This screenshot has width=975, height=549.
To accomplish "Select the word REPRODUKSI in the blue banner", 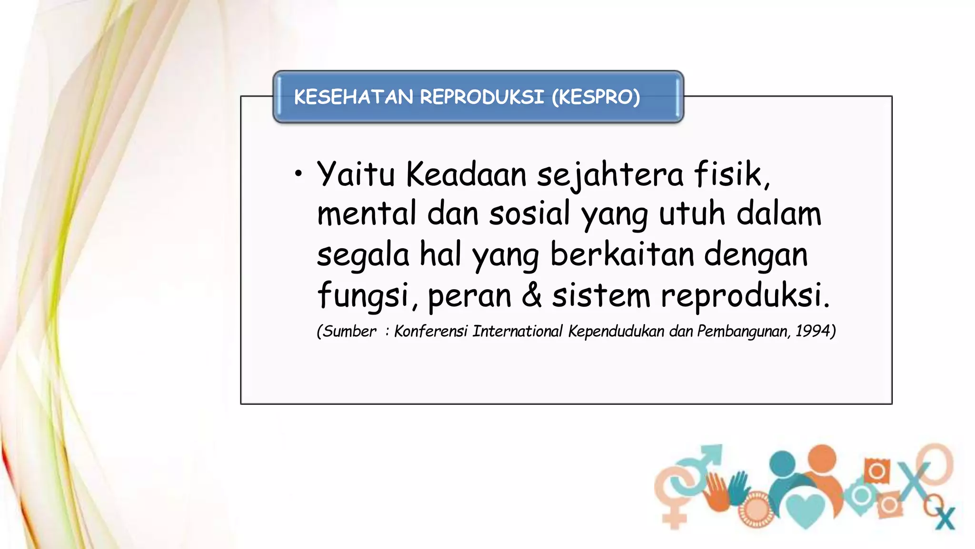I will [x=481, y=97].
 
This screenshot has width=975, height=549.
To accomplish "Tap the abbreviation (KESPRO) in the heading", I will [x=596, y=97].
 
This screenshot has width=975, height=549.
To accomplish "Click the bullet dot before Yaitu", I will [x=298, y=174].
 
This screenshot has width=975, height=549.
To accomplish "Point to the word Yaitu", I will [x=356, y=174].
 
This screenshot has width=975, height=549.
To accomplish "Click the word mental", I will [x=367, y=213].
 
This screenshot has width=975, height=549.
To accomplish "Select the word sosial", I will [x=529, y=213].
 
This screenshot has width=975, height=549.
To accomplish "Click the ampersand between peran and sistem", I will [x=531, y=295].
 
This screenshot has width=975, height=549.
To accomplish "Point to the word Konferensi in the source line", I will [x=430, y=331].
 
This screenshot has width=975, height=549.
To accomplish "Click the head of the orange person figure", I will [x=822, y=458].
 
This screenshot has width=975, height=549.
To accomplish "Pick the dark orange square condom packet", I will [x=876, y=471].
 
